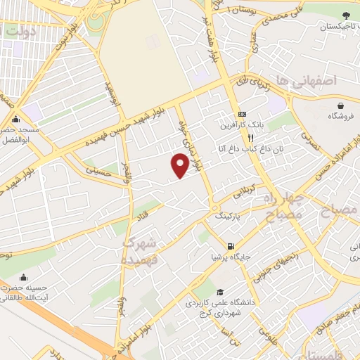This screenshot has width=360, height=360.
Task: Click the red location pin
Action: pyautogui.click(x=180, y=165)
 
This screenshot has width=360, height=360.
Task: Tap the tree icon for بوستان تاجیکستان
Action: pyautogui.click(x=346, y=15)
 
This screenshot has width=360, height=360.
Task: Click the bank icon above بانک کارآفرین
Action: pyautogui.click(x=243, y=114)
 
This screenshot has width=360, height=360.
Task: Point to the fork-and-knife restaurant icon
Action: pyautogui.click(x=240, y=139)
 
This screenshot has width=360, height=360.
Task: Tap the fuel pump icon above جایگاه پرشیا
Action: pyautogui.click(x=230, y=246)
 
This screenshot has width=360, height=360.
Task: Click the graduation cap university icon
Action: pyautogui.click(x=220, y=292)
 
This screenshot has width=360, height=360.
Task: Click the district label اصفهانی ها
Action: pyautogui.click(x=330, y=82)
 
